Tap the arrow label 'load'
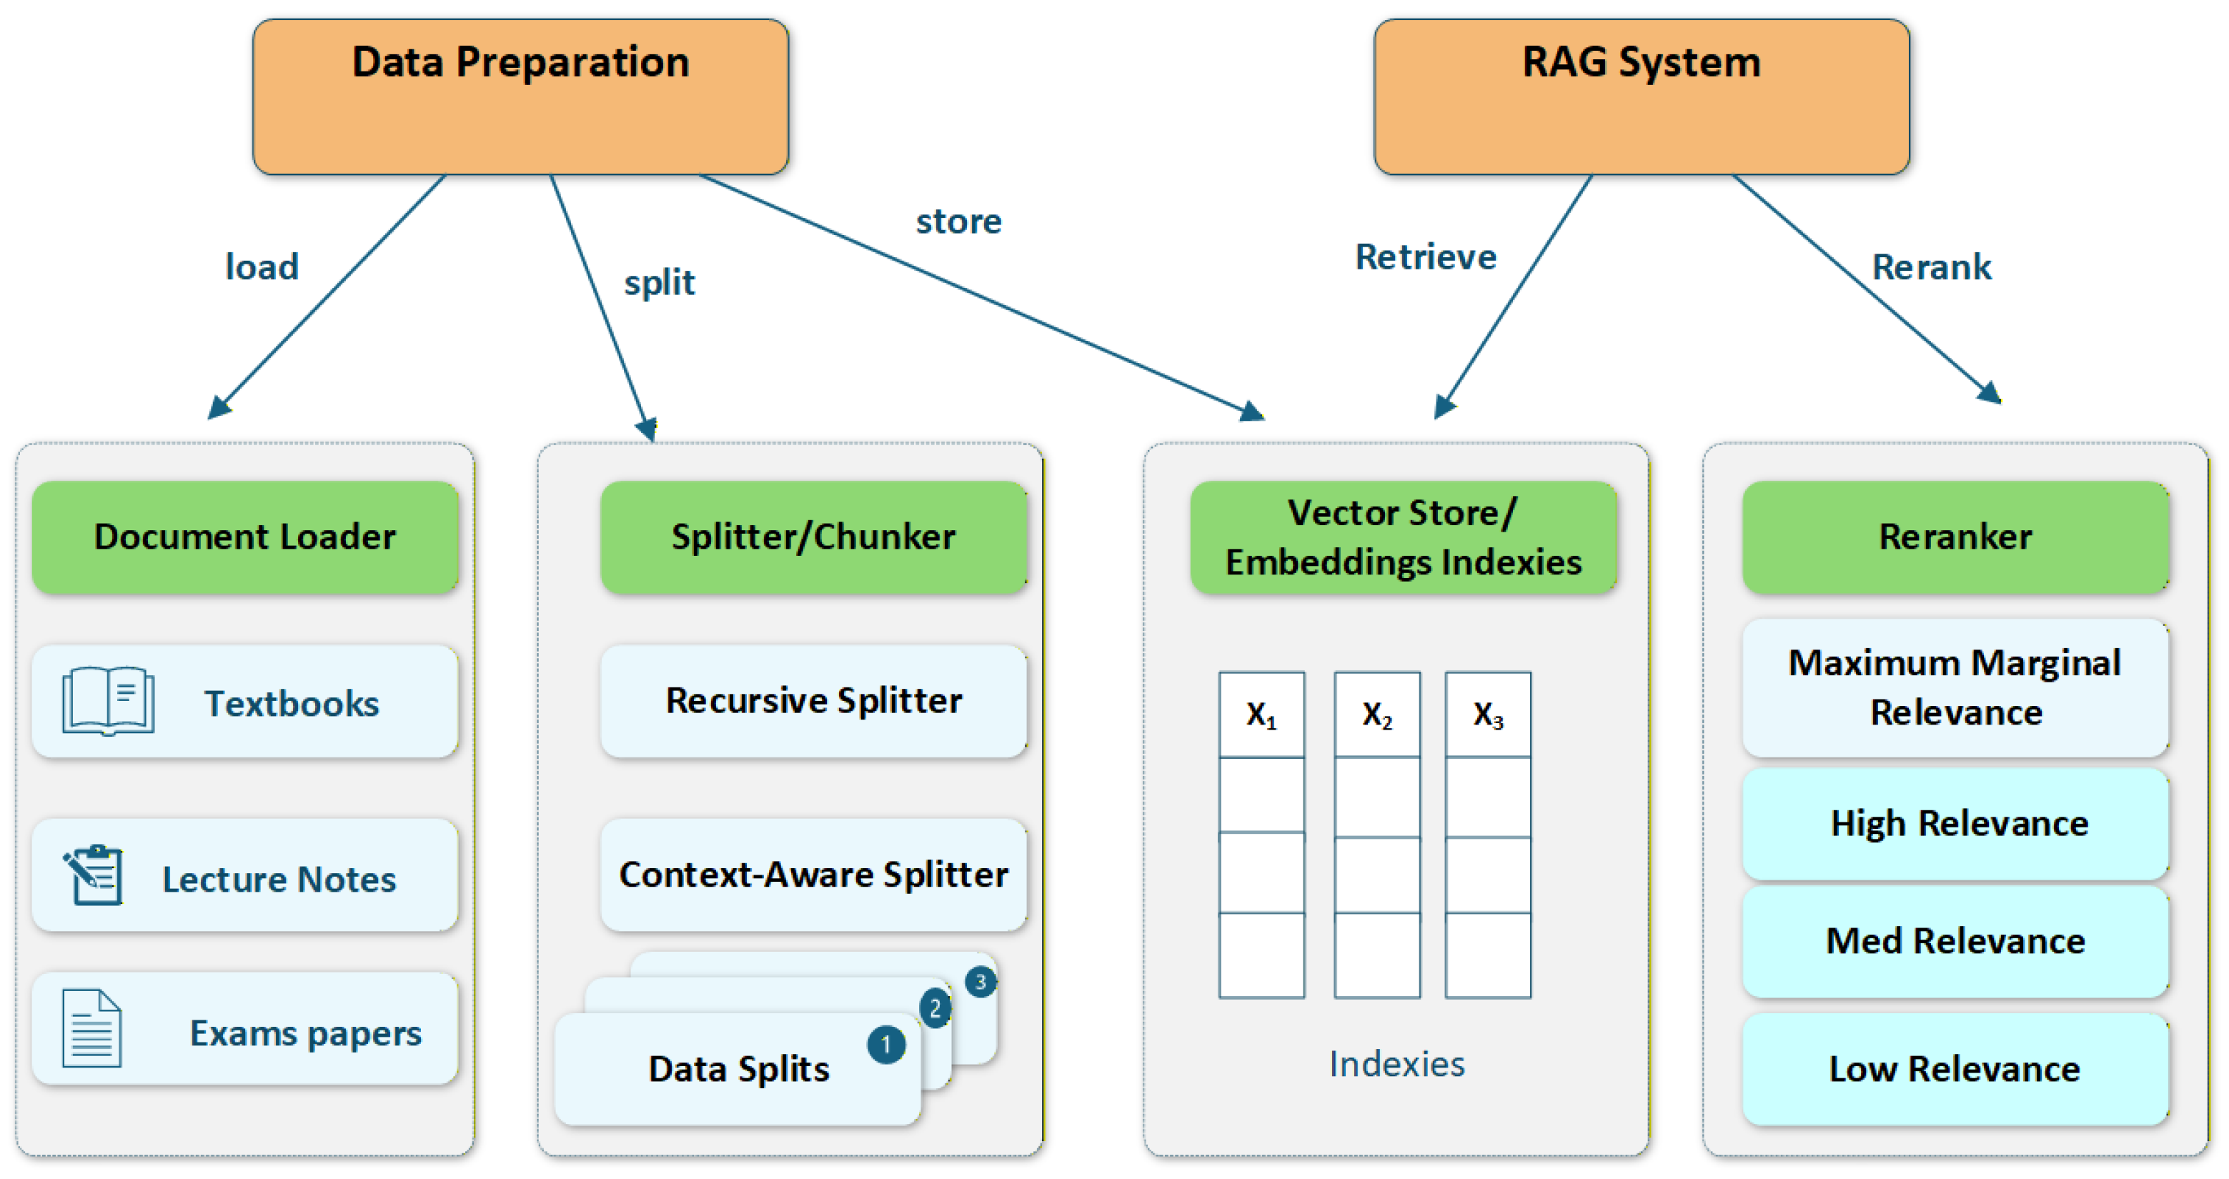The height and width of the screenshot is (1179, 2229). tap(262, 267)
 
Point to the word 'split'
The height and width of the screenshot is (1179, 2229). tap(660, 283)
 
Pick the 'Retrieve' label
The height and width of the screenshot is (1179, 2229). tap(1425, 257)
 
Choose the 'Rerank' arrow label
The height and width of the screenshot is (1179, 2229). tap(1931, 267)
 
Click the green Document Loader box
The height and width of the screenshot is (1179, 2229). tap(245, 537)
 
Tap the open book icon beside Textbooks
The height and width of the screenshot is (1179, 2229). tap(108, 701)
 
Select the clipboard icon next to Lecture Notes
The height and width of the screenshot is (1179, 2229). tap(93, 875)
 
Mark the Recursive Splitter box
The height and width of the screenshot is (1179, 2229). tap(813, 701)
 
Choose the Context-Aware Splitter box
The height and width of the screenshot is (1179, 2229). tap(813, 875)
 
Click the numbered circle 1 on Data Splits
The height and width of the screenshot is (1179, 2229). tap(886, 1044)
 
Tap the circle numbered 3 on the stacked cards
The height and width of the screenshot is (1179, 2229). tap(981, 982)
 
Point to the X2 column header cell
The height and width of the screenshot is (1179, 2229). tap(1376, 715)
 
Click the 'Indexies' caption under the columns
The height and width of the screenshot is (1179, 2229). tap(1396, 1064)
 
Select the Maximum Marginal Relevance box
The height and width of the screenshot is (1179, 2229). tap(1955, 687)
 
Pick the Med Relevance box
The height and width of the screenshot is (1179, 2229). tap(1955, 940)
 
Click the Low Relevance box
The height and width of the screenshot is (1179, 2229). tap(1955, 1069)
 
